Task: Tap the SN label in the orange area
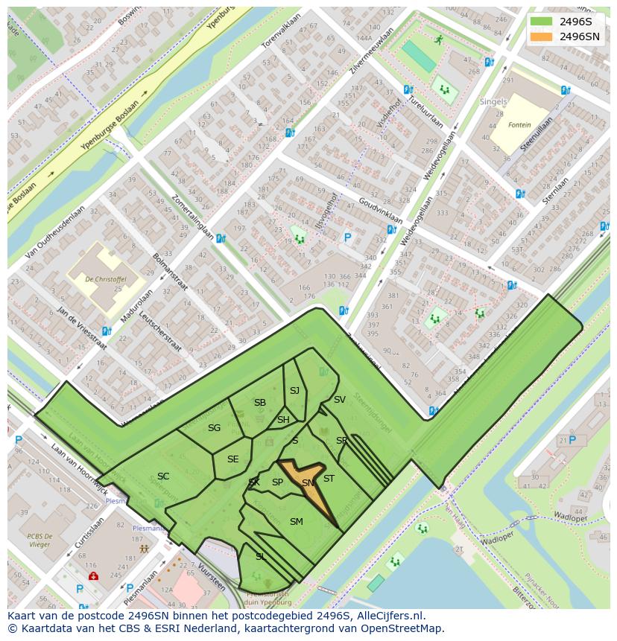tap(308, 483)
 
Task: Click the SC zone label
tap(163, 476)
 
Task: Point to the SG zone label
tap(214, 428)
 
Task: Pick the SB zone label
tap(259, 403)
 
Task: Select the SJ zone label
tap(294, 391)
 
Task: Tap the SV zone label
tap(339, 400)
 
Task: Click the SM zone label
tap(296, 522)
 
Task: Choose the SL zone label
tap(260, 556)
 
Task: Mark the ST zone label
tap(329, 479)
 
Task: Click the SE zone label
tap(232, 459)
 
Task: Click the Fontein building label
tap(520, 125)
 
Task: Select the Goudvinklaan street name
tap(379, 210)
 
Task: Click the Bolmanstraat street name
tap(172, 273)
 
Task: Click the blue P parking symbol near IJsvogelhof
tap(347, 238)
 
